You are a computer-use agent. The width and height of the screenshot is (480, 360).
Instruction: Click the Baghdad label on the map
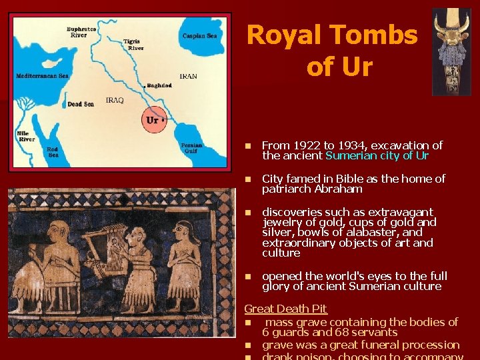pos(159,86)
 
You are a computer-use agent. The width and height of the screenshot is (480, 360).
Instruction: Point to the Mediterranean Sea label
pos(43,76)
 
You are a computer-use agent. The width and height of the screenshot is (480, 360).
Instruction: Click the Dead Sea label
pos(80,104)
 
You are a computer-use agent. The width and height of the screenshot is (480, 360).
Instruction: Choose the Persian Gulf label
pos(191,148)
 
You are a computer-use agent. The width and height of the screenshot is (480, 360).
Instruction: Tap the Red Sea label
pos(52,151)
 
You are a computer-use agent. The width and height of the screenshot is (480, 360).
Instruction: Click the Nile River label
pos(27,137)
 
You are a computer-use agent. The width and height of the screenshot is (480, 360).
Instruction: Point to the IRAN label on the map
pos(188,77)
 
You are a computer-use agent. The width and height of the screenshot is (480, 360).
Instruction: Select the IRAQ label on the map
pos(115,101)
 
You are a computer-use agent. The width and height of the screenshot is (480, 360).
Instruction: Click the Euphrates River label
pos(81,31)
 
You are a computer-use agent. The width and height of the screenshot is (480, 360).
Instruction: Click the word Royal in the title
pos(283,35)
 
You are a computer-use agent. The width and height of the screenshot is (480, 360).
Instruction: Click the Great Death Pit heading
pos(285,309)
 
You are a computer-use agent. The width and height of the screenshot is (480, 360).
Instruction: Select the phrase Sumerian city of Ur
pos(377,155)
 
